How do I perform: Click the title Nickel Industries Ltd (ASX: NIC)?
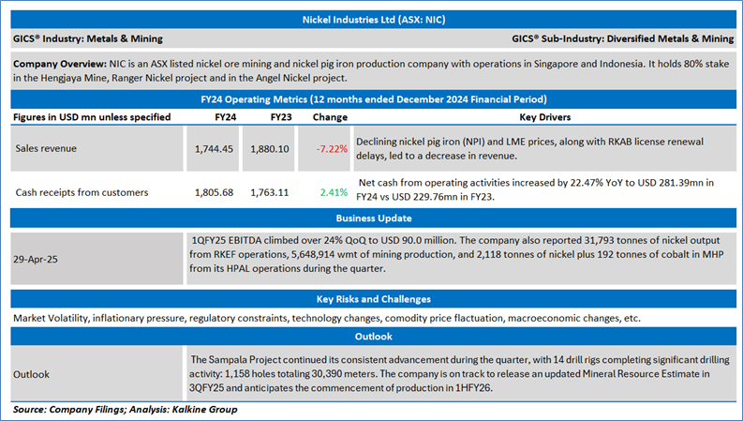tap(371, 18)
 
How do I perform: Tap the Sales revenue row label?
tap(48, 147)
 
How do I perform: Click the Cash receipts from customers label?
tap(82, 192)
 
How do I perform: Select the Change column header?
tap(330, 117)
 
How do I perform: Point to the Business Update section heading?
tap(371, 218)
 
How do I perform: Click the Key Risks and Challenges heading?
tap(371, 299)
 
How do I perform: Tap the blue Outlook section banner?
tap(371, 338)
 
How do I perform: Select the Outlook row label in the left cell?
tap(34, 372)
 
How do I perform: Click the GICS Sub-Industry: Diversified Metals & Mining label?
tap(623, 38)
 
